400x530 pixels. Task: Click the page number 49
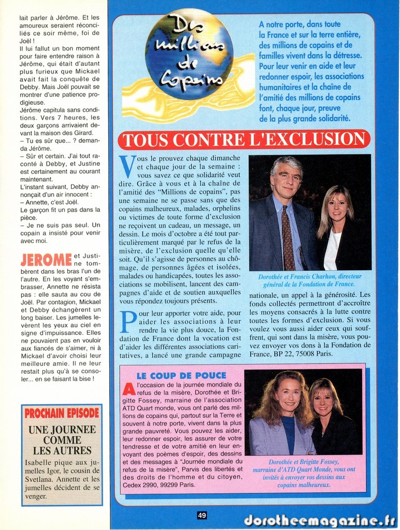[x=202, y=515]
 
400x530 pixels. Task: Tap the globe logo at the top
[x=189, y=54]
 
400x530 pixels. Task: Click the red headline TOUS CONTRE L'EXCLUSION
[x=244, y=140]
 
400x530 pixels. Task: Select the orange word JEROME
[x=46, y=260]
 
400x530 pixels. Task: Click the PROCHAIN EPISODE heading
[x=62, y=413]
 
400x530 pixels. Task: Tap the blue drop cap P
[x=127, y=321]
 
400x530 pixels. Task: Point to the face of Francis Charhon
[x=287, y=180]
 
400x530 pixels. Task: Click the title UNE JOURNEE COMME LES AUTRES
[x=62, y=440]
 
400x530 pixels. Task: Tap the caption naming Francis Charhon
[x=310, y=280]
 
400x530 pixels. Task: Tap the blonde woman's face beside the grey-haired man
[x=337, y=206]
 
